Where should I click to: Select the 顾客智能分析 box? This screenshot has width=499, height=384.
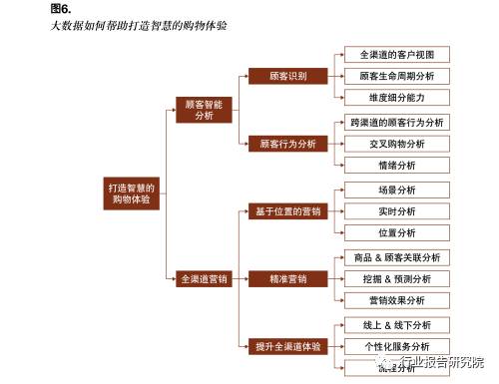click(205, 109)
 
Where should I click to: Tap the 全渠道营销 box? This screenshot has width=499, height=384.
click(205, 279)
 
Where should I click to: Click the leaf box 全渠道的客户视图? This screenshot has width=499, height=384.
click(397, 54)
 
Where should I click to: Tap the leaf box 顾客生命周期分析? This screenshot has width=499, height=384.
click(397, 76)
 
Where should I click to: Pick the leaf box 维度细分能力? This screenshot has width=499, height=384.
click(397, 98)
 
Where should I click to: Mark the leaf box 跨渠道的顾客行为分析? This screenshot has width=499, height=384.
click(397, 122)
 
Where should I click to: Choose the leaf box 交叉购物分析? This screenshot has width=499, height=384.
click(397, 144)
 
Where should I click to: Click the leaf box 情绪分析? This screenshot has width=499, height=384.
click(397, 166)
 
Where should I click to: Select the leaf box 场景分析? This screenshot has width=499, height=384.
click(397, 190)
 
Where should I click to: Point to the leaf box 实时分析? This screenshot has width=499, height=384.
click(397, 211)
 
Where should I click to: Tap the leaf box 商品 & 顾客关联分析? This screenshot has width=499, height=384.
click(397, 257)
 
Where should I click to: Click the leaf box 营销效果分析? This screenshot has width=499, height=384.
click(397, 300)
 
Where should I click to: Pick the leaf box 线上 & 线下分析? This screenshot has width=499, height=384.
click(397, 325)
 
